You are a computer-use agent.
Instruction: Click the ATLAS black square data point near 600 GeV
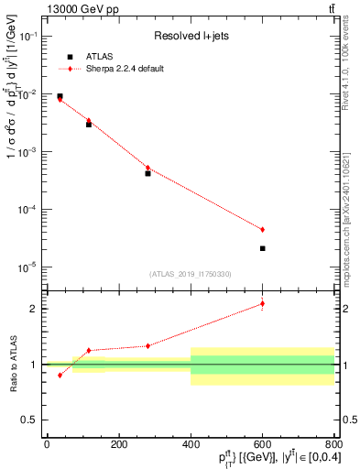(x=262, y=248)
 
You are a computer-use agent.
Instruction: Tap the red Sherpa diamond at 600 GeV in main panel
(x=262, y=229)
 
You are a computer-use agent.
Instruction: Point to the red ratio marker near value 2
(x=262, y=303)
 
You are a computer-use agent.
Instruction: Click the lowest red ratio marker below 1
(x=60, y=375)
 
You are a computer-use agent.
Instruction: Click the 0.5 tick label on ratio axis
(x=32, y=420)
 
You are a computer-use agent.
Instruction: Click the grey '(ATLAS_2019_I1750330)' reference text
(x=190, y=274)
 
